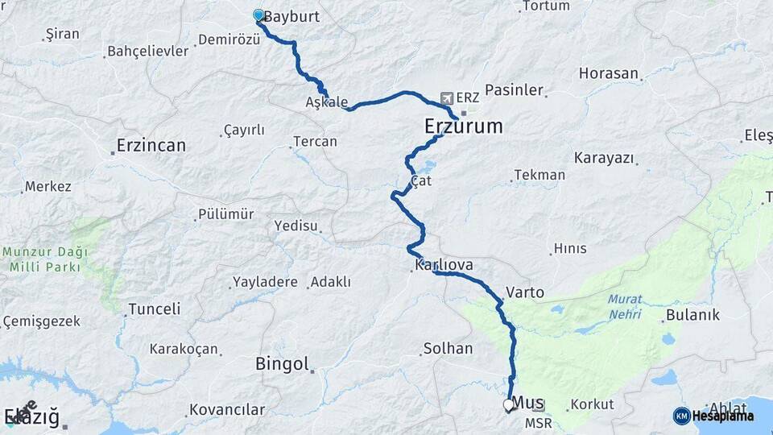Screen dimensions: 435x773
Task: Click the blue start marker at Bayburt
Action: pyautogui.click(x=258, y=15)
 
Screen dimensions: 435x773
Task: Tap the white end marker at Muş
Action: pyautogui.click(x=508, y=405)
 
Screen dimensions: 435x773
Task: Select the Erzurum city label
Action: pyautogui.click(x=463, y=126)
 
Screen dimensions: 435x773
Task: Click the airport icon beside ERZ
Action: pyautogui.click(x=447, y=97)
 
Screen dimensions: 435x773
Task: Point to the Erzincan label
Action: pyautogui.click(x=151, y=146)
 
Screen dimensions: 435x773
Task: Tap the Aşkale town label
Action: pyautogui.click(x=327, y=102)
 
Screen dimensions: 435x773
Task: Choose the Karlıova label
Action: pyautogui.click(x=444, y=265)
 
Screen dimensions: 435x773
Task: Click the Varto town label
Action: pyautogui.click(x=525, y=292)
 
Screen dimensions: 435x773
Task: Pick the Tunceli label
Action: pyautogui.click(x=154, y=309)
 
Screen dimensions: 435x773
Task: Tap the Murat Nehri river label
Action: pyautogui.click(x=625, y=307)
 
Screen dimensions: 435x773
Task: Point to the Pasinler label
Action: pyautogui.click(x=514, y=90)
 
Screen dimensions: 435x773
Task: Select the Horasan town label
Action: pyautogui.click(x=609, y=73)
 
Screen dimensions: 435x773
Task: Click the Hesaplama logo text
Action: pyautogui.click(x=722, y=416)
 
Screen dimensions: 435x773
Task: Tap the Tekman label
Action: pyautogui.click(x=539, y=175)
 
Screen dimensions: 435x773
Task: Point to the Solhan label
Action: pyautogui.click(x=448, y=349)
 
